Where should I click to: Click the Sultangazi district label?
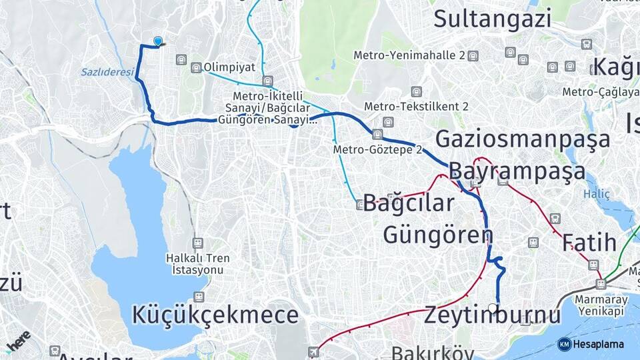(x=493, y=18)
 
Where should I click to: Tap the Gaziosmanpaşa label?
(x=523, y=139)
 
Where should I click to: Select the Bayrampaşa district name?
(x=517, y=171)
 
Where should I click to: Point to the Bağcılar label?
(x=408, y=203)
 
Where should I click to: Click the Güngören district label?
(x=438, y=234)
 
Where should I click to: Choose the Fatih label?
(x=589, y=242)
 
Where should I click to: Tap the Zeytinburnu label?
(x=493, y=315)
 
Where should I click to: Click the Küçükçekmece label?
(x=215, y=315)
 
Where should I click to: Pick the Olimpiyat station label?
(x=229, y=67)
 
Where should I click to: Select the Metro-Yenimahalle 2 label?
(x=409, y=55)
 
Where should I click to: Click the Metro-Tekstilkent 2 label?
(x=416, y=107)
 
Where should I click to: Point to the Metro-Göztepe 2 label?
(x=378, y=149)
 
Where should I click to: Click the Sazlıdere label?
(x=107, y=72)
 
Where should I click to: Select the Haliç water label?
(x=593, y=195)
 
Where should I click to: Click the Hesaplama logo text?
(x=599, y=344)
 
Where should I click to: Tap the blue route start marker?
(x=158, y=41)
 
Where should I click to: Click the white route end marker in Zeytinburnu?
(x=493, y=308)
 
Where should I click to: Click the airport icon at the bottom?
(x=313, y=351)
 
